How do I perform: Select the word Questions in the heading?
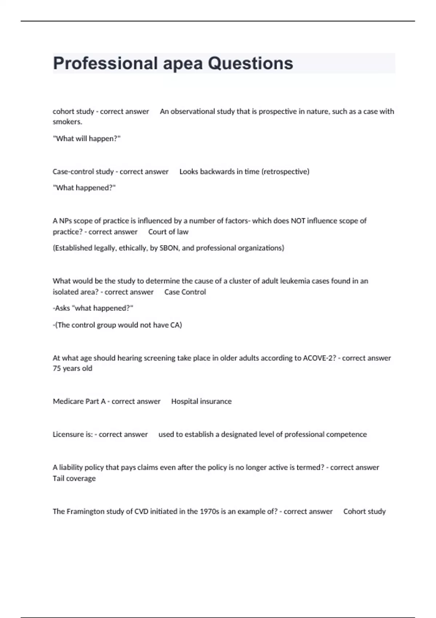click(x=250, y=63)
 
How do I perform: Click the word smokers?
click(x=67, y=122)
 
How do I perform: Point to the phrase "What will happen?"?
click(x=86, y=139)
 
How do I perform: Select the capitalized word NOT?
click(x=298, y=221)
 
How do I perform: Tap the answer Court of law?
click(x=168, y=232)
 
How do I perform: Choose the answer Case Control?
click(x=185, y=292)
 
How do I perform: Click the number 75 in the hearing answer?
click(x=57, y=368)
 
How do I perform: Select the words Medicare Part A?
click(x=79, y=401)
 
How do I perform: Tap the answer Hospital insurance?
click(x=201, y=401)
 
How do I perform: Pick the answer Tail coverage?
click(x=74, y=478)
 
